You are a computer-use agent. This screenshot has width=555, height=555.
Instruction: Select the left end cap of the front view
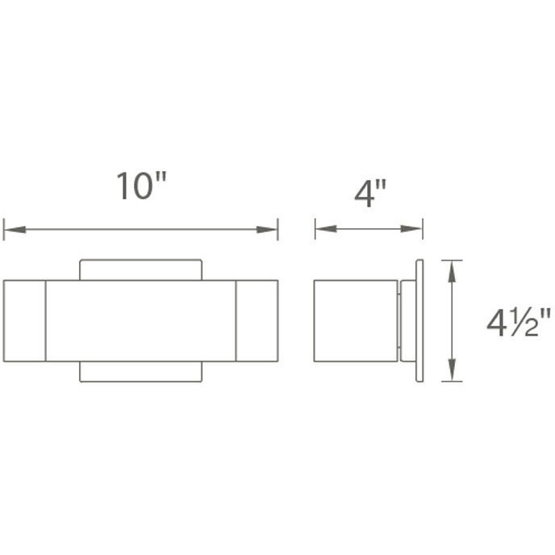pos(24,321)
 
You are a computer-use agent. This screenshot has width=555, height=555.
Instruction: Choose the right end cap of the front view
pos(257,321)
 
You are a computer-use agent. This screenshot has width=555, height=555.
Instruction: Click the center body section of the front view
pos(140,321)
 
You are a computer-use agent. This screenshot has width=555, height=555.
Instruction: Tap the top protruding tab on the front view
pos(140,269)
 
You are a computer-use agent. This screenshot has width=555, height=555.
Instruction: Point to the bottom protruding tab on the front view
pos(140,372)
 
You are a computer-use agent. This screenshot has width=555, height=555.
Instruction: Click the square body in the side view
pos(356,321)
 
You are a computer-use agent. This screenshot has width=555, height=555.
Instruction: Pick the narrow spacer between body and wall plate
pos(401,321)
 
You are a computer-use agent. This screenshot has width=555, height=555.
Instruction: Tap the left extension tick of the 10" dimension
pos(4,229)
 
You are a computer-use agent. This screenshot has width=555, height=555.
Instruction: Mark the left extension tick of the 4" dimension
pos(315,229)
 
